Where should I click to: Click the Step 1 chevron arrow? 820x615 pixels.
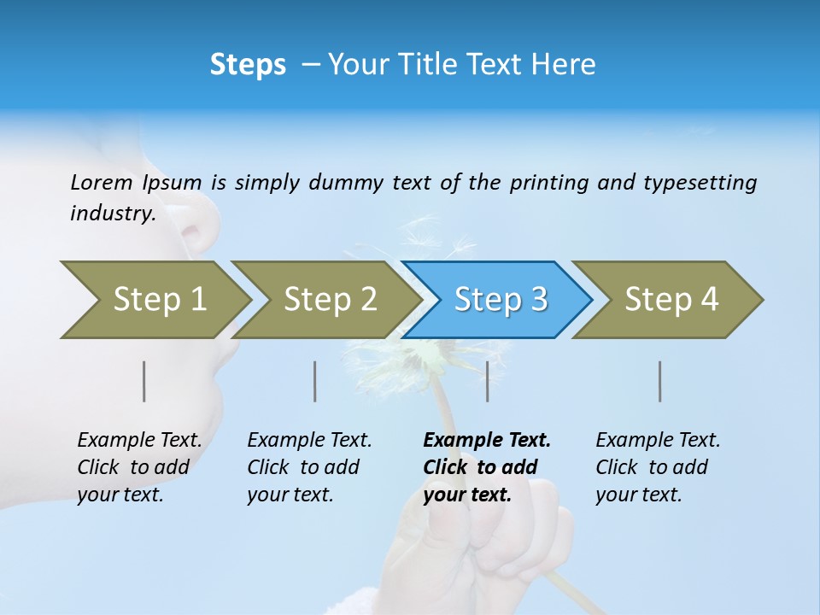pyautogui.click(x=159, y=300)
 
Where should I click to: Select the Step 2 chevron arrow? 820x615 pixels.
pyautogui.click(x=330, y=300)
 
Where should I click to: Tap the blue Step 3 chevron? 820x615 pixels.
pyautogui.click(x=501, y=300)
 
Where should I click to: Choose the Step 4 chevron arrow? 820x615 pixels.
pyautogui.click(x=671, y=300)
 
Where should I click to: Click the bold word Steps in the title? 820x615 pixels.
pyautogui.click(x=248, y=65)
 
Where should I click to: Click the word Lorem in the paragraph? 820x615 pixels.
pyautogui.click(x=101, y=182)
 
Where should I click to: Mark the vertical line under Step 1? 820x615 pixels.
pyautogui.click(x=144, y=381)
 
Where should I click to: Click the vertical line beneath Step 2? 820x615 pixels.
pyautogui.click(x=315, y=381)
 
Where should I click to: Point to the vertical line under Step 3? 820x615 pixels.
pyautogui.click(x=488, y=381)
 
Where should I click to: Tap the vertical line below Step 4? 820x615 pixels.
pyautogui.click(x=660, y=381)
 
